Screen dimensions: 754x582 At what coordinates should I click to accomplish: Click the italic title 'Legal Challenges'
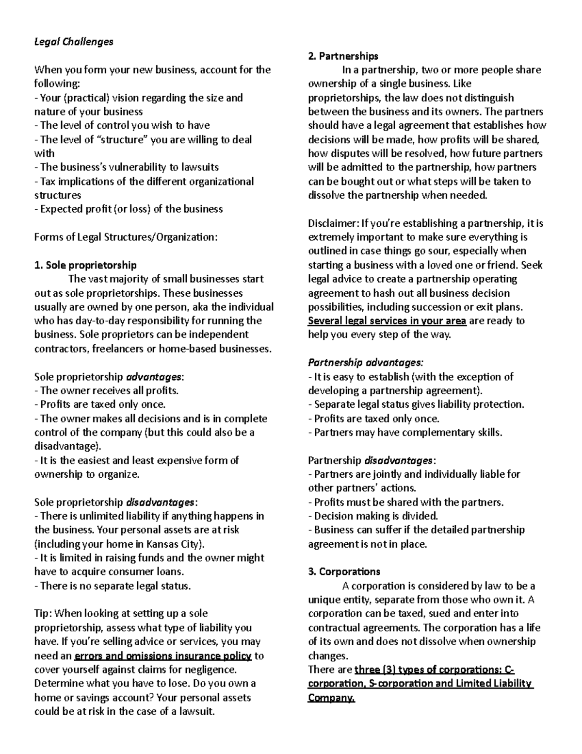point(74,42)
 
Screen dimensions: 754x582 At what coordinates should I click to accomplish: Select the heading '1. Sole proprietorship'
point(85,265)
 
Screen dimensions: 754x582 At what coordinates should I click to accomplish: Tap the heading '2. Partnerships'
point(343,56)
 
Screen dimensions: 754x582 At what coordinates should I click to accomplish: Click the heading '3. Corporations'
point(344,571)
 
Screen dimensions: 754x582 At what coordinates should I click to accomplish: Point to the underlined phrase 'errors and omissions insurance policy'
point(162,656)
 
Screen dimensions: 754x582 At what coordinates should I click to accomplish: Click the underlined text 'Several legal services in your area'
point(387,321)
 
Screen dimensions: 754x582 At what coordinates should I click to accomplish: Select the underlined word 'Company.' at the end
point(331,698)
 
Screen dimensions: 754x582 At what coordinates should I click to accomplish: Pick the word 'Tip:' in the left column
point(44,614)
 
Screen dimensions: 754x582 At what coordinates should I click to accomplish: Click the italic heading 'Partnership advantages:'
point(366,363)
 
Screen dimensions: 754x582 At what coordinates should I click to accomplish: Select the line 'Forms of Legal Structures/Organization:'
point(126,237)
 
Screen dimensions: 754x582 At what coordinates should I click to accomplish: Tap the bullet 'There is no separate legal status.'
point(113,586)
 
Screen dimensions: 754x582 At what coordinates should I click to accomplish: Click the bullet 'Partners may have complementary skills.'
point(405,432)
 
